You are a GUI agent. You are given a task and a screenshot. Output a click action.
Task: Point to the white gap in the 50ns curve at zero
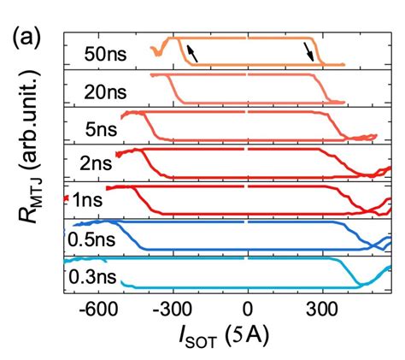[248, 38]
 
